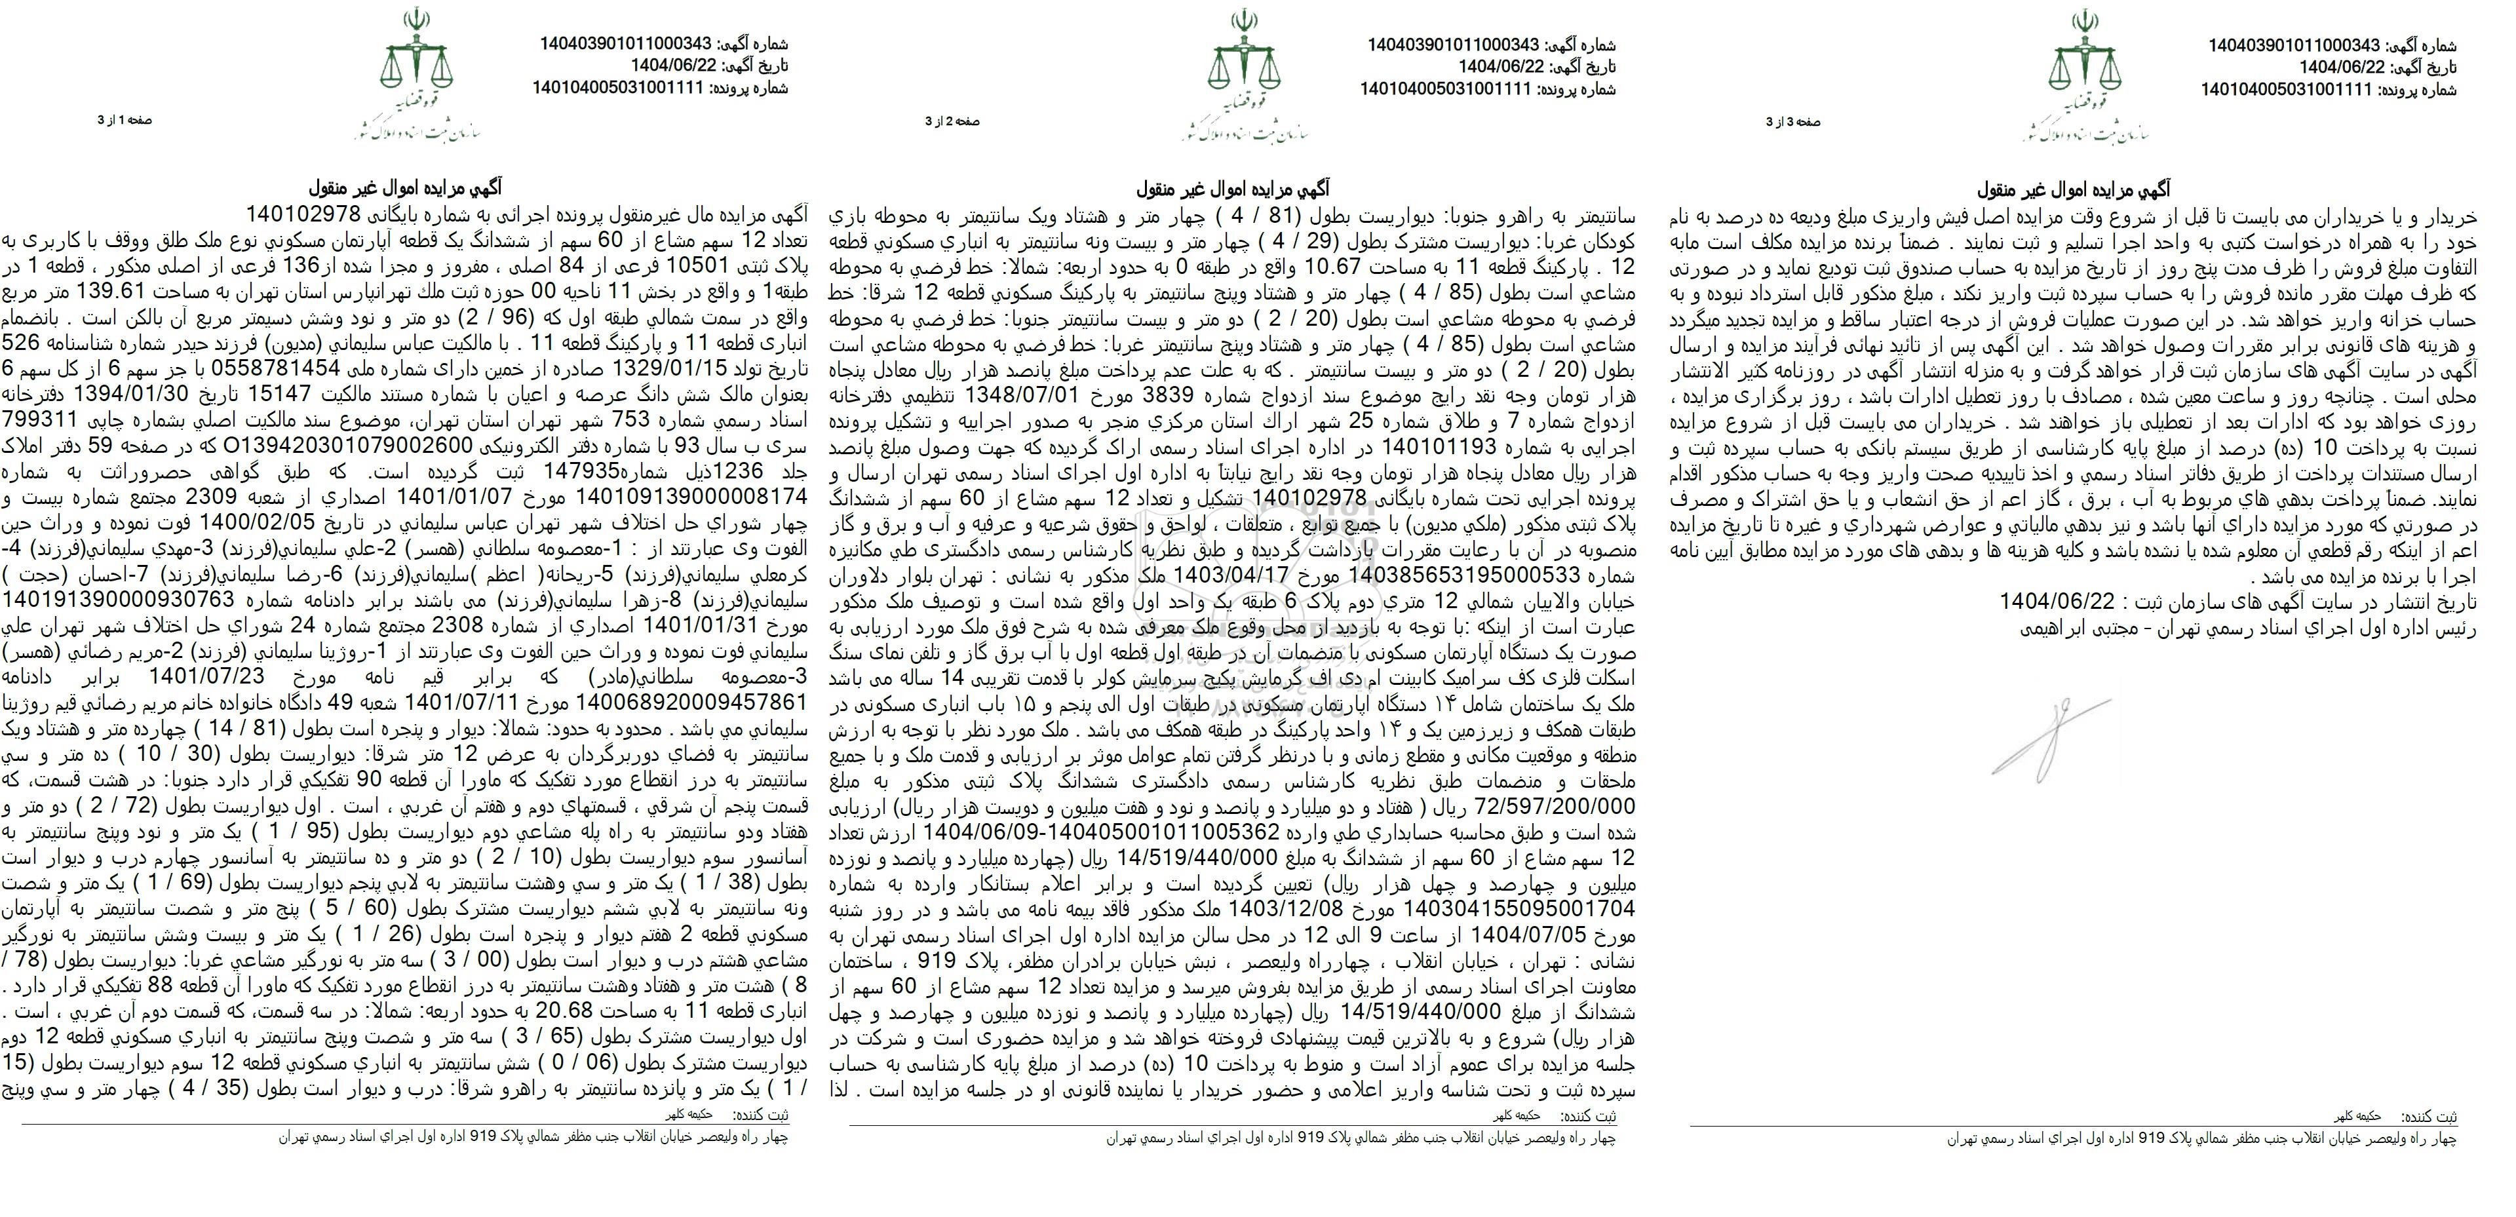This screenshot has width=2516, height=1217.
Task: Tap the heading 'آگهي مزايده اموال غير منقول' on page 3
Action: (x=2070, y=189)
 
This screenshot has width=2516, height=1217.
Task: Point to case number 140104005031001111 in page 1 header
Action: (x=618, y=88)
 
